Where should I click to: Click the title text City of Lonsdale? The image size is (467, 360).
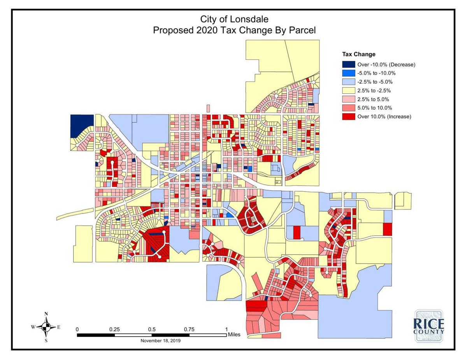[x=234, y=19]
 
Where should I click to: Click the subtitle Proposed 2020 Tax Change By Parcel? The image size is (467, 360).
[x=234, y=30]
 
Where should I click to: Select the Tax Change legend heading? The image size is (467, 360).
[x=358, y=54]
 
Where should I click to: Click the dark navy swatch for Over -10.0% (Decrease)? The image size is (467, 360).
[x=348, y=65]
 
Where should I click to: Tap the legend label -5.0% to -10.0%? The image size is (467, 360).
[x=376, y=73]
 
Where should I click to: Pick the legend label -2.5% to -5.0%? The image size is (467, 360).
[x=375, y=82]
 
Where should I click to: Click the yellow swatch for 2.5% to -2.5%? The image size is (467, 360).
[x=348, y=91]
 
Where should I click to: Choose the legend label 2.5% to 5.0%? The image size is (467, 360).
[x=374, y=99]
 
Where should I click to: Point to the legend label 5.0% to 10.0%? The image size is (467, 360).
[x=374, y=108]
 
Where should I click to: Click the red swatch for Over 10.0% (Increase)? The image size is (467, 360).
[x=348, y=116]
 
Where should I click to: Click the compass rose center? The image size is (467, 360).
[x=46, y=327]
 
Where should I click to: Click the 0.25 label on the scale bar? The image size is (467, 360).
[x=114, y=329]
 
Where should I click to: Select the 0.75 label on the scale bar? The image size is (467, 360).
[x=189, y=329]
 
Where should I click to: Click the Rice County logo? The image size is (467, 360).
[x=428, y=326]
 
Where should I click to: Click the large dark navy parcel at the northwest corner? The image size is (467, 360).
[x=81, y=125]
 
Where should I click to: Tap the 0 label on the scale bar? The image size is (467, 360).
[x=77, y=329]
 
